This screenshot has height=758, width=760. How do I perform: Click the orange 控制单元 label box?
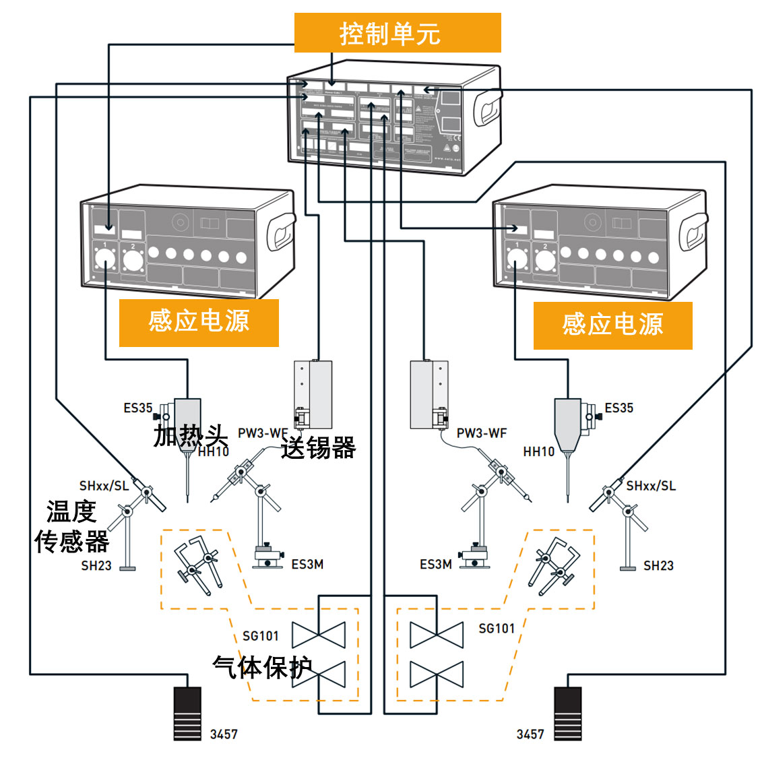[398, 33]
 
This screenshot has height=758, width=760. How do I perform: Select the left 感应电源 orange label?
[199, 322]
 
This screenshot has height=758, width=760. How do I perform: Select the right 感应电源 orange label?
[612, 325]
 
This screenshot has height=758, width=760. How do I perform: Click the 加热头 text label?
[190, 435]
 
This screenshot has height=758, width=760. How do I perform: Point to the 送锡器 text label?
[318, 447]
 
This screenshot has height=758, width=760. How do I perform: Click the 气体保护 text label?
[262, 667]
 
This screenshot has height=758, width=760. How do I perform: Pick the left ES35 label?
[138, 408]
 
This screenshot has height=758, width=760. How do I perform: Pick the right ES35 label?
[619, 408]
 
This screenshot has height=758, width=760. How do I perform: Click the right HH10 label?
[539, 451]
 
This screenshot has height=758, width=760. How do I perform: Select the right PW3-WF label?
[481, 433]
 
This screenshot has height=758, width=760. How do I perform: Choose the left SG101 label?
[261, 635]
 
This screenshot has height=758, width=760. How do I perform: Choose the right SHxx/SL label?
[650, 486]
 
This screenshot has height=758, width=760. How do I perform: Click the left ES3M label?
[307, 565]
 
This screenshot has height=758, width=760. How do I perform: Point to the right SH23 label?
[658, 566]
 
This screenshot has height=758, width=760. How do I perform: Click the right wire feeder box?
[429, 395]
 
